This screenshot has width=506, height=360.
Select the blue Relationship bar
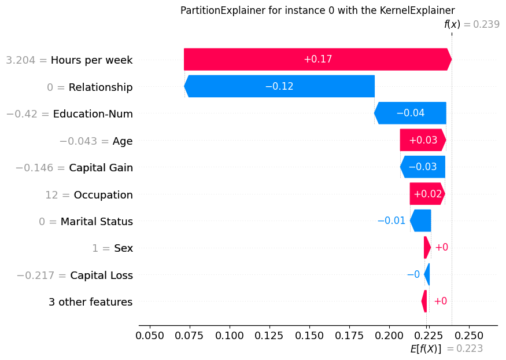click(279, 86)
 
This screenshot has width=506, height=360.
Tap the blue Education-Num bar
click(411, 113)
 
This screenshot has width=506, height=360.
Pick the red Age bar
click(423, 140)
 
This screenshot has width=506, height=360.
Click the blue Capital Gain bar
click(423, 167)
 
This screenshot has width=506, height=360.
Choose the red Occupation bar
click(427, 194)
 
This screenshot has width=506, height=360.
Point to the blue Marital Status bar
click(421, 221)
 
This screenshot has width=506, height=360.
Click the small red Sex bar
click(427, 248)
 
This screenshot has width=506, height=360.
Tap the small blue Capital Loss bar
click(427, 274)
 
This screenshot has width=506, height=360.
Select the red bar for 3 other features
click(424, 302)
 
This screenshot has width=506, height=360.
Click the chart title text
click(317, 10)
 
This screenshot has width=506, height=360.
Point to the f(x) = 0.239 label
click(471, 24)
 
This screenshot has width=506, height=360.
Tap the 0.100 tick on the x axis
click(230, 335)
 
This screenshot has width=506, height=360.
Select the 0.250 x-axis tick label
click(468, 335)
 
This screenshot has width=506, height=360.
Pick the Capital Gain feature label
click(101, 168)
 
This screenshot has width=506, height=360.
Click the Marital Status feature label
click(97, 222)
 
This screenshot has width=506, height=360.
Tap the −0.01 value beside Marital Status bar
click(391, 221)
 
